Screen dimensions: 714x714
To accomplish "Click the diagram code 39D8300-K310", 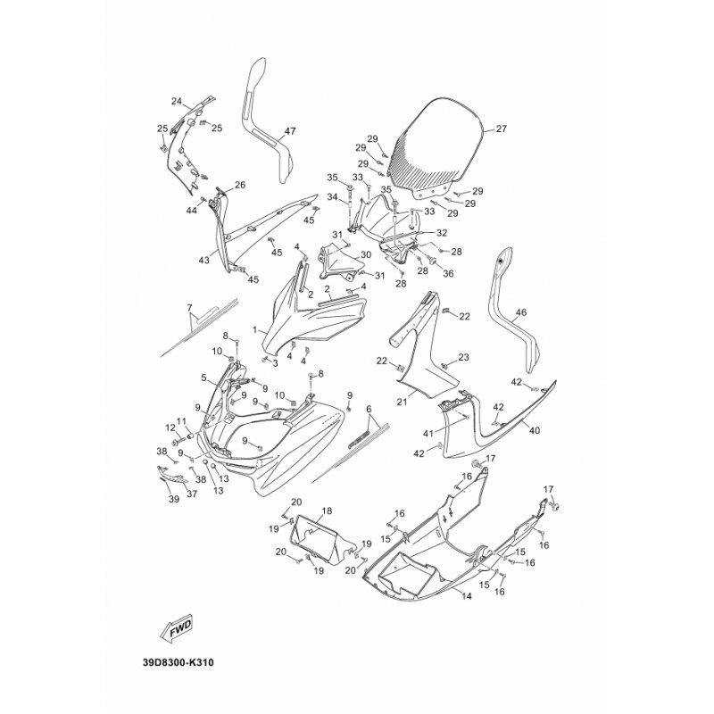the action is [x=178, y=662].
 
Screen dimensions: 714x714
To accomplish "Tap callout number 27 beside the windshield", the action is [x=501, y=129].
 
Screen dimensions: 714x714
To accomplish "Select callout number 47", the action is [x=290, y=131].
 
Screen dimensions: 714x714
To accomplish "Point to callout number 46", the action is [x=521, y=312].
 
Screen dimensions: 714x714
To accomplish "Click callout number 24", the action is [x=177, y=101].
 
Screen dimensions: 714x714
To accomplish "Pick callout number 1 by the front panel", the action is [x=255, y=328].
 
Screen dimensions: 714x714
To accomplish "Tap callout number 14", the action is [x=467, y=596].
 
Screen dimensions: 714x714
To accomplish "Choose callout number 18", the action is [x=327, y=511].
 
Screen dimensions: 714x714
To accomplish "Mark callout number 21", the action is [x=403, y=403].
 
